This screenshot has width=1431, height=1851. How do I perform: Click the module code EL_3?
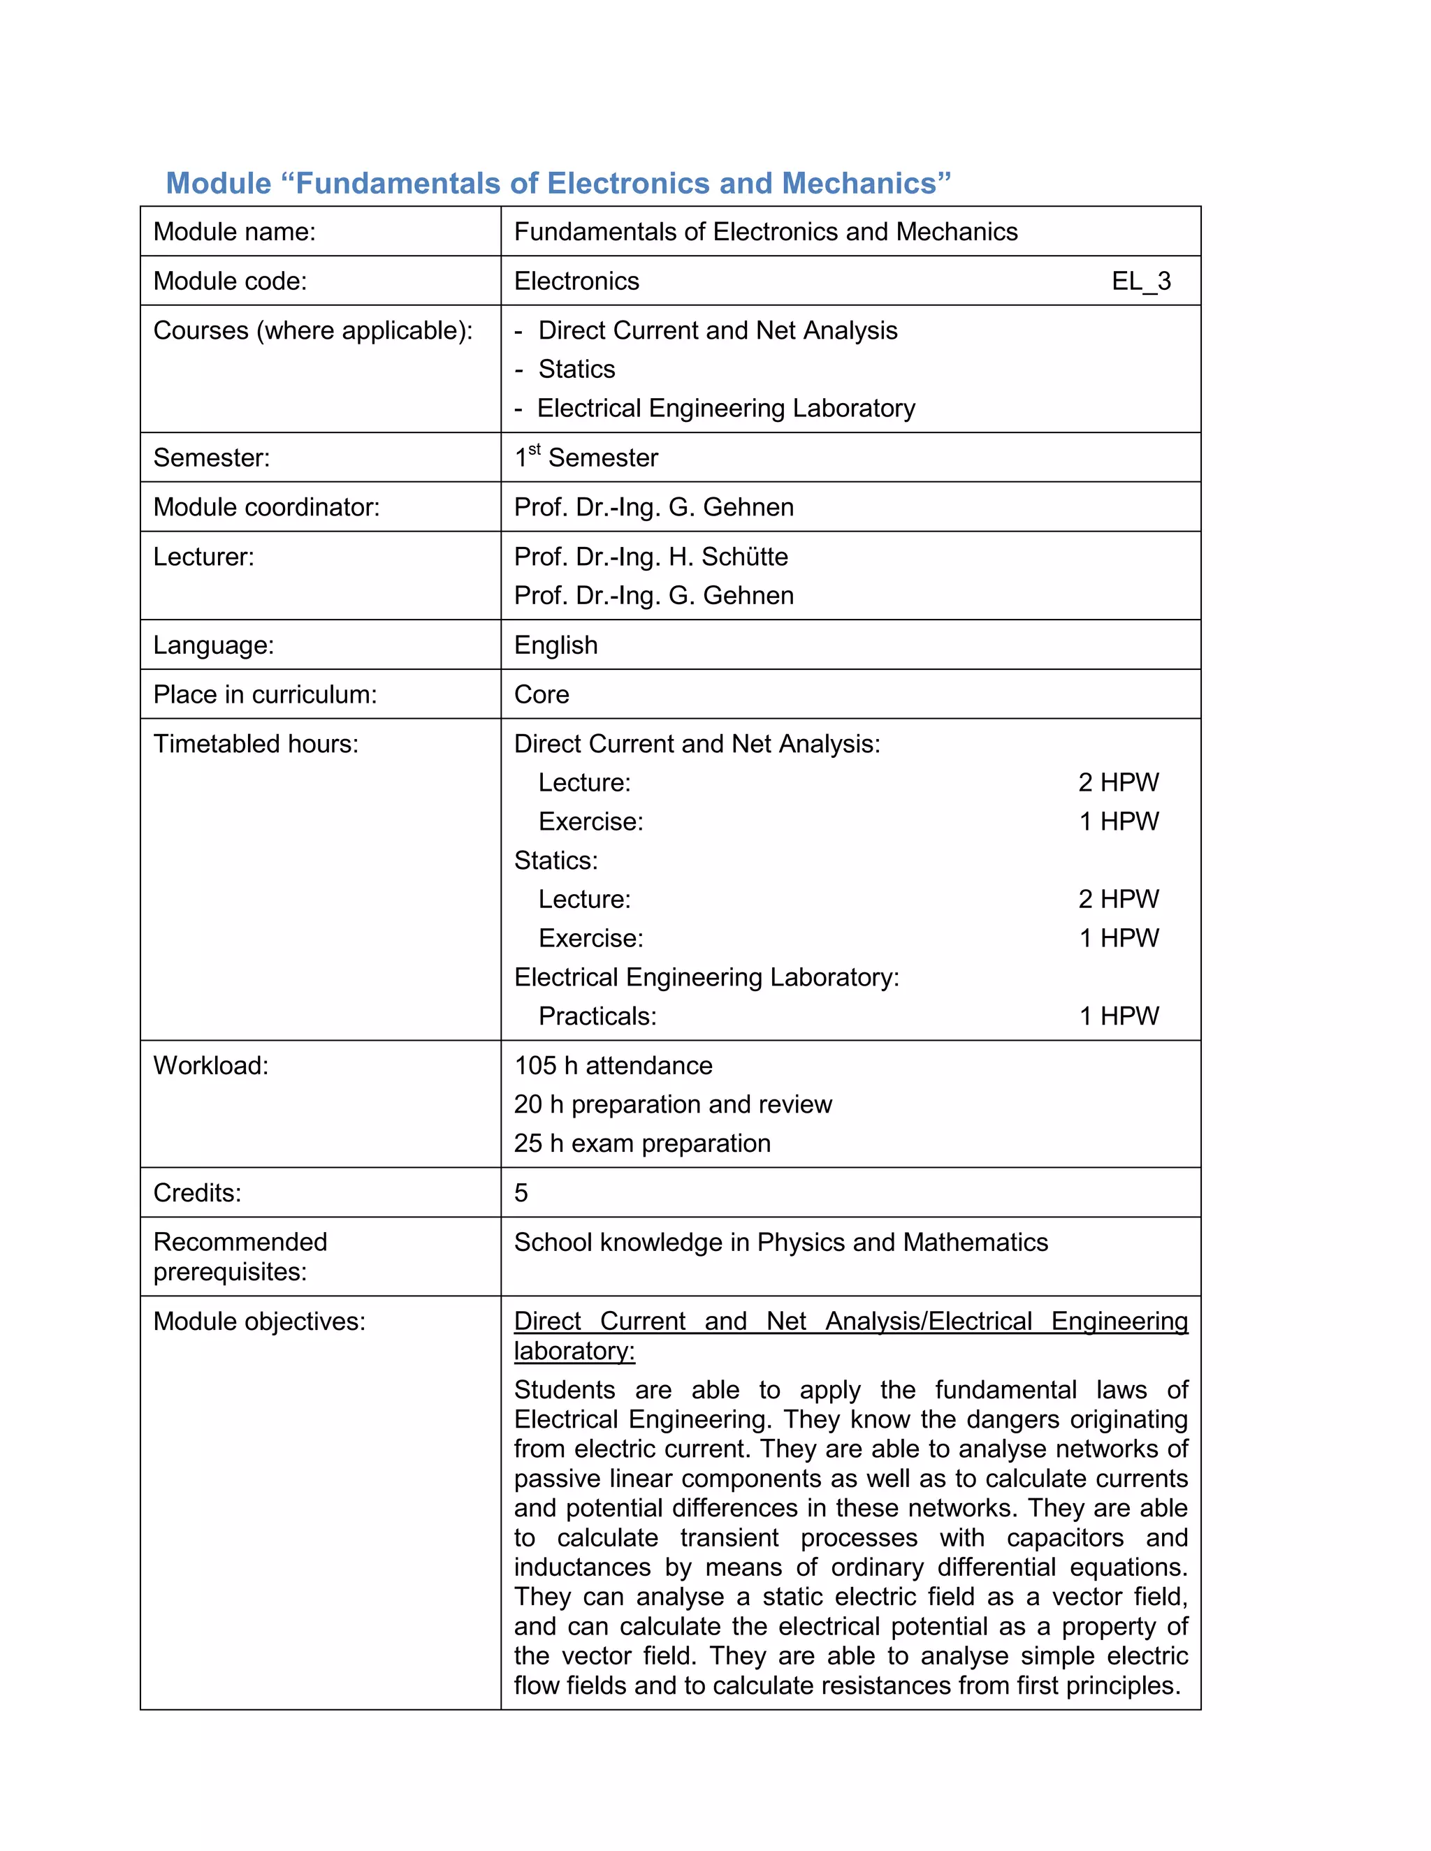[1140, 281]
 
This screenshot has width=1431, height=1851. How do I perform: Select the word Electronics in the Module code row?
[576, 281]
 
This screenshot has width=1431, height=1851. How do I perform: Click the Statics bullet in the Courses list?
[576, 370]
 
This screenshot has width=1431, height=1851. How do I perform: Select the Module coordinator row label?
[266, 508]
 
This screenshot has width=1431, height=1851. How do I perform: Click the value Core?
[541, 694]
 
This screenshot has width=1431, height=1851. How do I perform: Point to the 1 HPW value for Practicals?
[1118, 1016]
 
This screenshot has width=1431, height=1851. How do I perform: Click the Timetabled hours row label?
[255, 744]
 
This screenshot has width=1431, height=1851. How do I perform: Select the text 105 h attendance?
[613, 1065]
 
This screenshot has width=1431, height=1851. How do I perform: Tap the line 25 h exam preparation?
[641, 1143]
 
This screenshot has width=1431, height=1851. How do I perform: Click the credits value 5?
[521, 1193]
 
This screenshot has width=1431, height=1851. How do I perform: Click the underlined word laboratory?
[574, 1351]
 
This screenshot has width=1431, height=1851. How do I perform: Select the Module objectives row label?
[259, 1322]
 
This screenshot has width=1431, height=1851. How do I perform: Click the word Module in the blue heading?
[218, 183]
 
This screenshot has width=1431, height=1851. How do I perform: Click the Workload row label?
[210, 1065]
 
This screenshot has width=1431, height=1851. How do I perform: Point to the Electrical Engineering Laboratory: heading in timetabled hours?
[706, 977]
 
